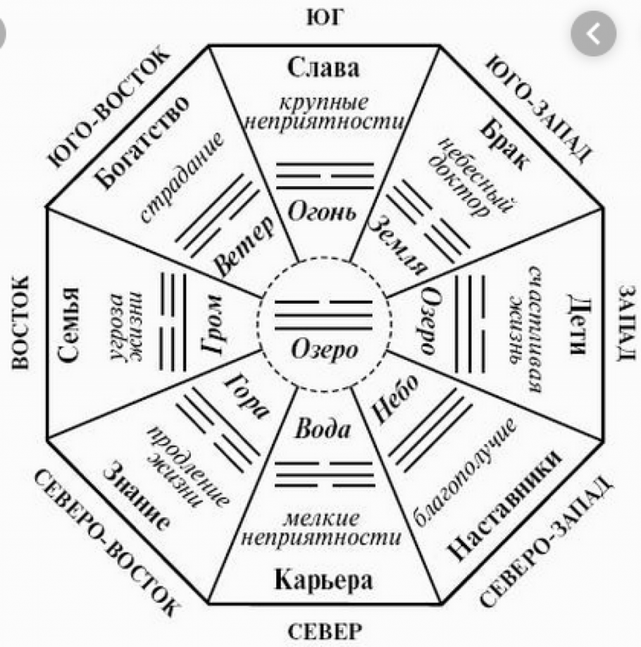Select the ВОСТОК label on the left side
(x=20, y=323)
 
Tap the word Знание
(x=137, y=495)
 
